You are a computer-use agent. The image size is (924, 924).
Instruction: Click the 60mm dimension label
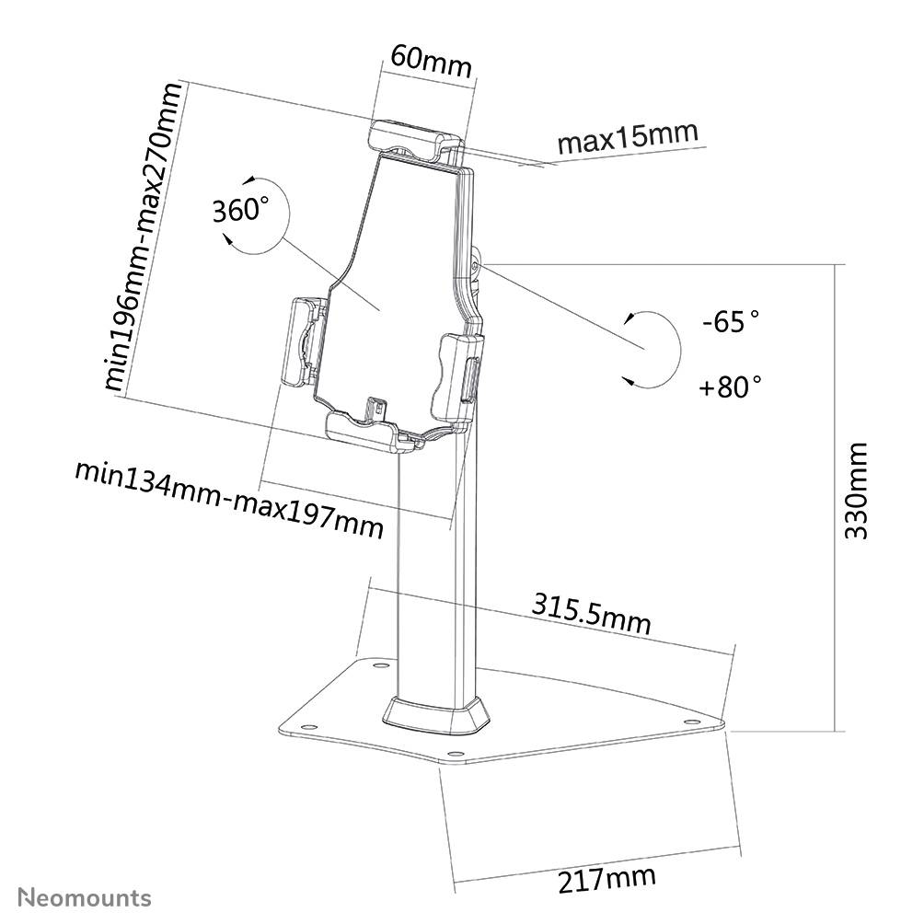coord(430,62)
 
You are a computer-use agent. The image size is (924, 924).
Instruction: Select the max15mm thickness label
coord(628,139)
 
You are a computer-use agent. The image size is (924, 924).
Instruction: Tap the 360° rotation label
coord(241,210)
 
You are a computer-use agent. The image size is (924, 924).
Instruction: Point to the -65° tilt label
coord(730,323)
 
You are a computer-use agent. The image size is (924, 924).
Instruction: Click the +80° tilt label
coord(730,386)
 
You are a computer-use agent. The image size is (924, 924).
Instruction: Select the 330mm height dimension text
coord(856,491)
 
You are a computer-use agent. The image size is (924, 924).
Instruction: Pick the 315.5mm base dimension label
coord(591,613)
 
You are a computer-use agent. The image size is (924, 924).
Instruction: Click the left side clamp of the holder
coord(305,343)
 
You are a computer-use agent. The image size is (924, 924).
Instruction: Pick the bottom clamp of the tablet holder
coord(373,429)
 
